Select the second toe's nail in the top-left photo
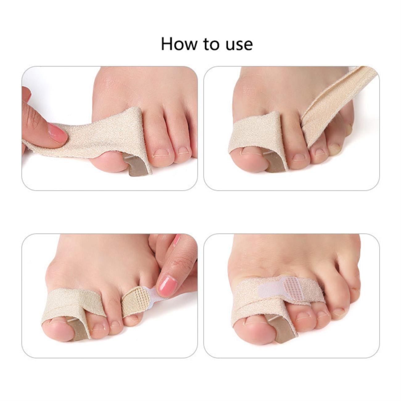tap(161, 152)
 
